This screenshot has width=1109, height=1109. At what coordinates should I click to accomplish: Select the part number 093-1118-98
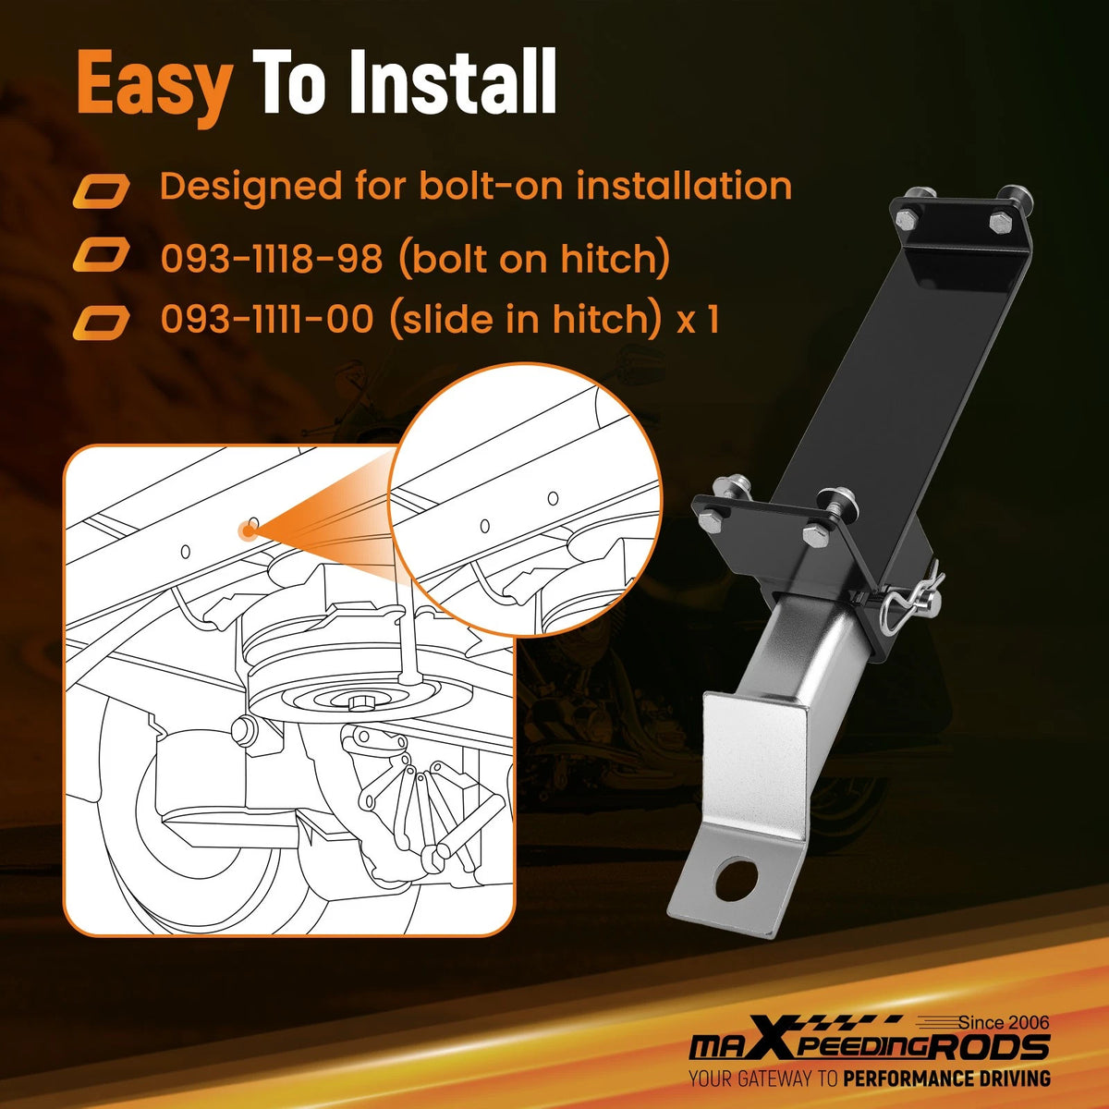[x=271, y=259]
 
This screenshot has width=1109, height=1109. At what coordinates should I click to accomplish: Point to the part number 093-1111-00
[x=267, y=319]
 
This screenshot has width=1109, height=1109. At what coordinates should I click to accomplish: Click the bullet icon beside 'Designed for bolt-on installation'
[x=102, y=191]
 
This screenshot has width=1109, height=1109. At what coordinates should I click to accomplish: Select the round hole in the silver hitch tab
[x=736, y=880]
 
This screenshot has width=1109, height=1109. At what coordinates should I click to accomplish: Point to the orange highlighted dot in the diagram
[x=249, y=530]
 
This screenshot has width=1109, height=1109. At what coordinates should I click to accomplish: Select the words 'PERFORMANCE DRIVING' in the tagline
[x=946, y=1078]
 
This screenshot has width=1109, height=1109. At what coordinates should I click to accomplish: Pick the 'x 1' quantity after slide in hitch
[x=698, y=320]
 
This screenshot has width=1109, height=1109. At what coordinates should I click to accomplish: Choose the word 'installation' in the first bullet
[x=684, y=186]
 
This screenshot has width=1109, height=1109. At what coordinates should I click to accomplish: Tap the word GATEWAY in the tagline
[x=776, y=1078]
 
